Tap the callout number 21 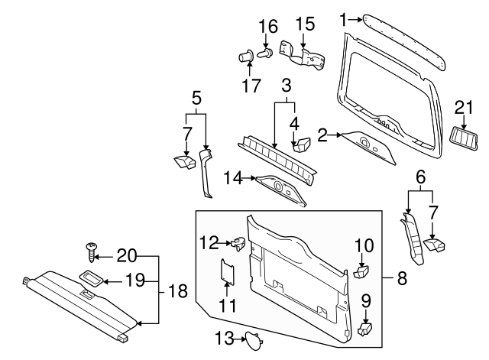(465, 106)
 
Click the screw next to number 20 (91, 249)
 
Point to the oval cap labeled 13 (251, 339)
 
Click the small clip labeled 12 (238, 244)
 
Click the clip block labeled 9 (364, 329)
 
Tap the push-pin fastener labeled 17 (247, 57)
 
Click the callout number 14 (233, 178)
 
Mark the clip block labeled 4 (300, 142)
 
